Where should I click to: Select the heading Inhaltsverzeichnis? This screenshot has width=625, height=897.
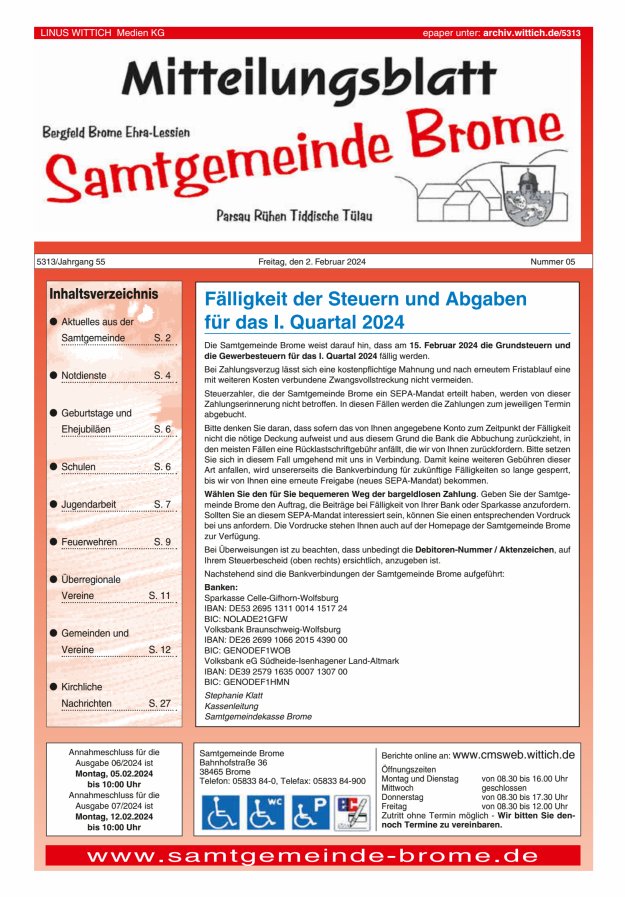click(104, 294)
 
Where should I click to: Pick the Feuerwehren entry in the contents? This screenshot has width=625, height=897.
click(89, 542)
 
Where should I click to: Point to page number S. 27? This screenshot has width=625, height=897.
click(159, 703)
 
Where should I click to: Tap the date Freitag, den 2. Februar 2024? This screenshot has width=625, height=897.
click(312, 262)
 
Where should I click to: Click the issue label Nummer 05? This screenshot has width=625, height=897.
click(553, 262)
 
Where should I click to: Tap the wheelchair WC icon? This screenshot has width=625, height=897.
click(266, 812)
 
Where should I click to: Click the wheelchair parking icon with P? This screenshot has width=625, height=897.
click(310, 812)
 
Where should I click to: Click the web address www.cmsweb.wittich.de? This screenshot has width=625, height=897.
click(513, 754)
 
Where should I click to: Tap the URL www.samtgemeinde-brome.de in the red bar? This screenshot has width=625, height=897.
click(312, 856)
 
